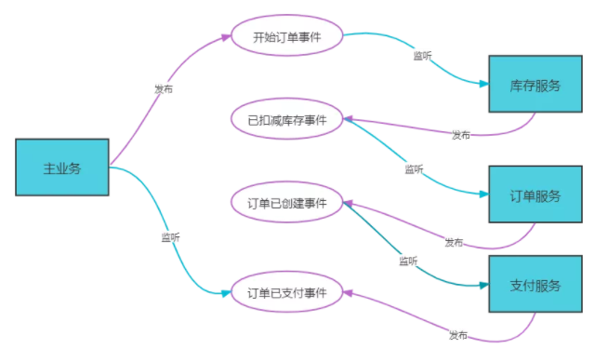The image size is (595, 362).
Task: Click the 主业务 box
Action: coord(62,168)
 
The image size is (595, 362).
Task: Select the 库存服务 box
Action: coord(535,84)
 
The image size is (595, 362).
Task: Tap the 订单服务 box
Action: coord(535,194)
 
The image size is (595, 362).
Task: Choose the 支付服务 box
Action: coord(535,284)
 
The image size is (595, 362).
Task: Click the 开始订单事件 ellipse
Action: coord(287,35)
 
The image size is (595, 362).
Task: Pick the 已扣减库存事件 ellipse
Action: coord(287,119)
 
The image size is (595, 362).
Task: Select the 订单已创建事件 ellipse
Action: coord(287,202)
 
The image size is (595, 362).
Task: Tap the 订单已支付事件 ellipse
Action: coord(287,291)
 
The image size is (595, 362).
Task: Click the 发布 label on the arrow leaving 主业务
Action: coord(164,89)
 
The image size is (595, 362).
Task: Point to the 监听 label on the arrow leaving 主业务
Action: coord(171,238)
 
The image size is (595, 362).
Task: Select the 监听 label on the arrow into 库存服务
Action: coord(422,56)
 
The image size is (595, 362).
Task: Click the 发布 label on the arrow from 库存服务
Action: coord(461,135)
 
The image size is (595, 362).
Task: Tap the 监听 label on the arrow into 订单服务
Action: coord(414,169)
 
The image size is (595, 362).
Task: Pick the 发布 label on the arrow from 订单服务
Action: coord(454,242)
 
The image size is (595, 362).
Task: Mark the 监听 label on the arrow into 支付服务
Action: coord(408,261)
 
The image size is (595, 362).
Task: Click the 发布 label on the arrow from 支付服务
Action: coord(458,335)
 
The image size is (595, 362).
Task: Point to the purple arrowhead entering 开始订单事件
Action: coord(226,37)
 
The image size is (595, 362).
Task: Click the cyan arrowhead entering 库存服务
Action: coord(484,84)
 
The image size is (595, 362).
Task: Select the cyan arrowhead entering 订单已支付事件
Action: coord(226,293)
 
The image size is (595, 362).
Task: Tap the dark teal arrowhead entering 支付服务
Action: coord(484,285)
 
